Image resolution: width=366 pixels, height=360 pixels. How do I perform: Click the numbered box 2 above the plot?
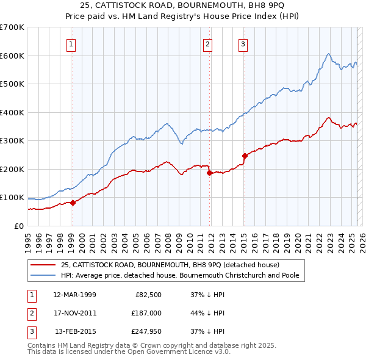click(x=208, y=43)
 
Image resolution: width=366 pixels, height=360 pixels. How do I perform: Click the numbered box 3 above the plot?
click(x=243, y=43)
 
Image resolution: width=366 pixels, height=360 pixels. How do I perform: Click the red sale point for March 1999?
click(x=73, y=203)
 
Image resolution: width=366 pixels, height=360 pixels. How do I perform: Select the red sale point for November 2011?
click(x=209, y=173)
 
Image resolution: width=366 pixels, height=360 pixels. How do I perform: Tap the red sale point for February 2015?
click(x=244, y=156)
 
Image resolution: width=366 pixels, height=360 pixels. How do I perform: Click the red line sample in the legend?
click(x=43, y=265)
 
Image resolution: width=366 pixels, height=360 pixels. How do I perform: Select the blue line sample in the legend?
click(x=43, y=275)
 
